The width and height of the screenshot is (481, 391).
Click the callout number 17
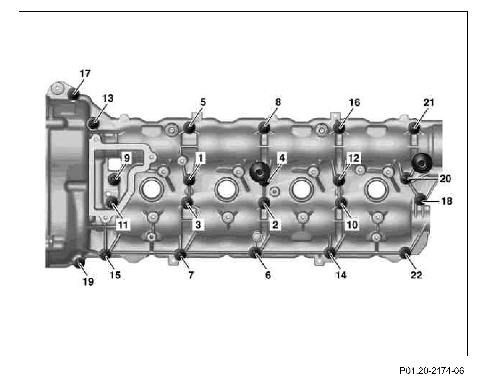[x=85, y=73]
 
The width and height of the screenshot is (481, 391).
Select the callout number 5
[x=203, y=102]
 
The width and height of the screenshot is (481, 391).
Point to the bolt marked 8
[x=264, y=128]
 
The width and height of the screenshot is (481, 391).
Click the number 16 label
[x=354, y=103]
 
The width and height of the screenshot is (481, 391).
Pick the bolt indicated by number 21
[x=414, y=127]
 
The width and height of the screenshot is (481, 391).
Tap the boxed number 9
[x=127, y=158]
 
